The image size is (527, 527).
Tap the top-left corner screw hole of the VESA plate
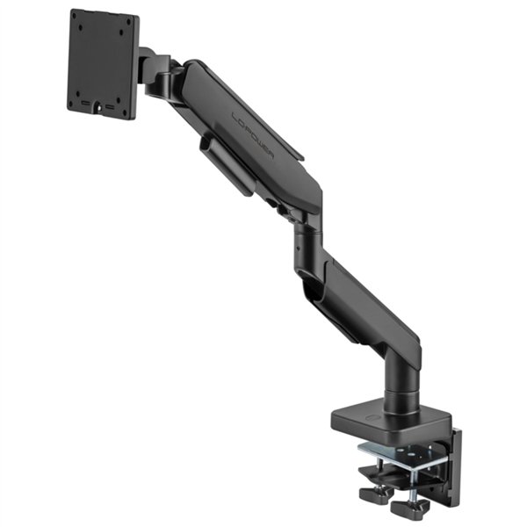click(80, 21)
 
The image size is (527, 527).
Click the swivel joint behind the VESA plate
click(158, 75)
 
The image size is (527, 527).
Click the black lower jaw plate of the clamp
click(386, 470)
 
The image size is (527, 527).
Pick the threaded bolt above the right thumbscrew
click(411, 481)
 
